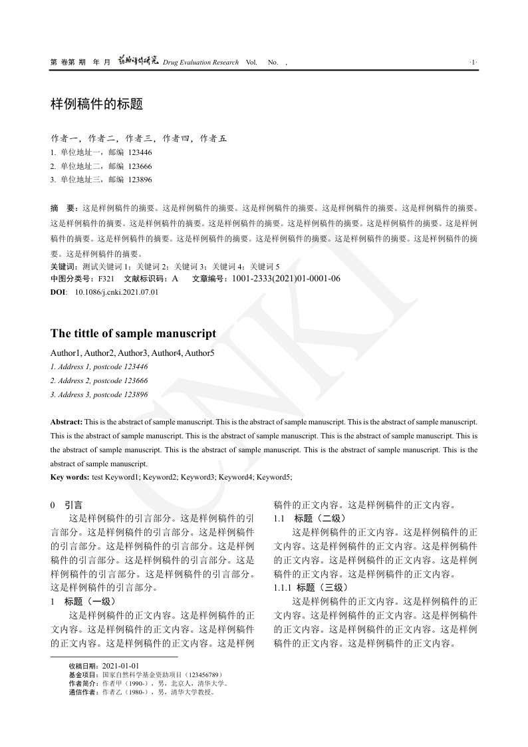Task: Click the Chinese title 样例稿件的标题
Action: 96,105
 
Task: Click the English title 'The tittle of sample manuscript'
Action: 133,333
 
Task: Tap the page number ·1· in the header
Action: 473,63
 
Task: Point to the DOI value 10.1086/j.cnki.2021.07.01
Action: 116,291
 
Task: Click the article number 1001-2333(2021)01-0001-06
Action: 286,279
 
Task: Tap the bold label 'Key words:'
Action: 70,477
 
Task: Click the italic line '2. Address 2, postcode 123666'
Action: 99,380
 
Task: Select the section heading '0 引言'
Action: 66,506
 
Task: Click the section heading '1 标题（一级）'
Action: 83,601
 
